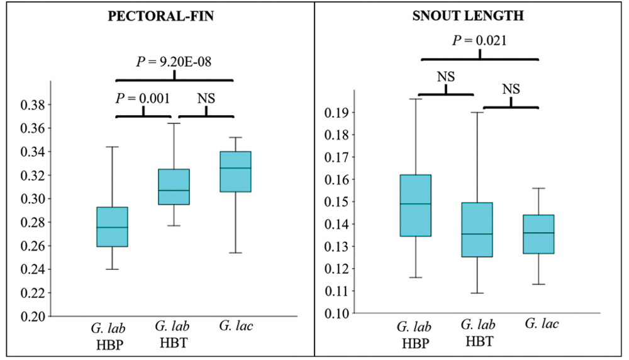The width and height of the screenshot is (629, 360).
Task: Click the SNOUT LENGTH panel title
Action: click(x=468, y=17)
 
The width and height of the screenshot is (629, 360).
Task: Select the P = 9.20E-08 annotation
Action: click(x=174, y=62)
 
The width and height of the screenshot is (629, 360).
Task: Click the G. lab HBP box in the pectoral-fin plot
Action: click(x=112, y=227)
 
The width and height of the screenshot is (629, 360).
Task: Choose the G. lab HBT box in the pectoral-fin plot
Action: click(x=173, y=187)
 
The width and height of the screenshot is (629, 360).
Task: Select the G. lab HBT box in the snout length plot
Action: click(x=477, y=230)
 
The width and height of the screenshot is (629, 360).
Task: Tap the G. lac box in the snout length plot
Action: click(x=538, y=234)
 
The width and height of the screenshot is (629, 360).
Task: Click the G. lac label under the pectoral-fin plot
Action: click(x=235, y=326)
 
